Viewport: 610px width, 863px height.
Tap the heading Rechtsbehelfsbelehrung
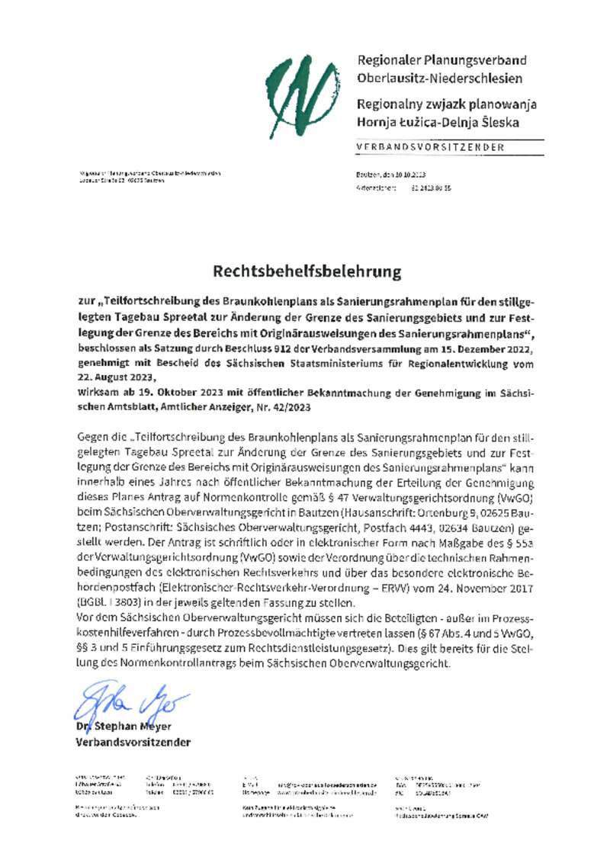tap(305, 271)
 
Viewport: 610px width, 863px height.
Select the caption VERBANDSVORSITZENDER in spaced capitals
tap(429, 147)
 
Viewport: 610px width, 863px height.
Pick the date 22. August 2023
tap(115, 377)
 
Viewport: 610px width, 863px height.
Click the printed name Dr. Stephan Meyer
tap(123, 727)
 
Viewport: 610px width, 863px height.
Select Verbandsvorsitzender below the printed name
tap(133, 742)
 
